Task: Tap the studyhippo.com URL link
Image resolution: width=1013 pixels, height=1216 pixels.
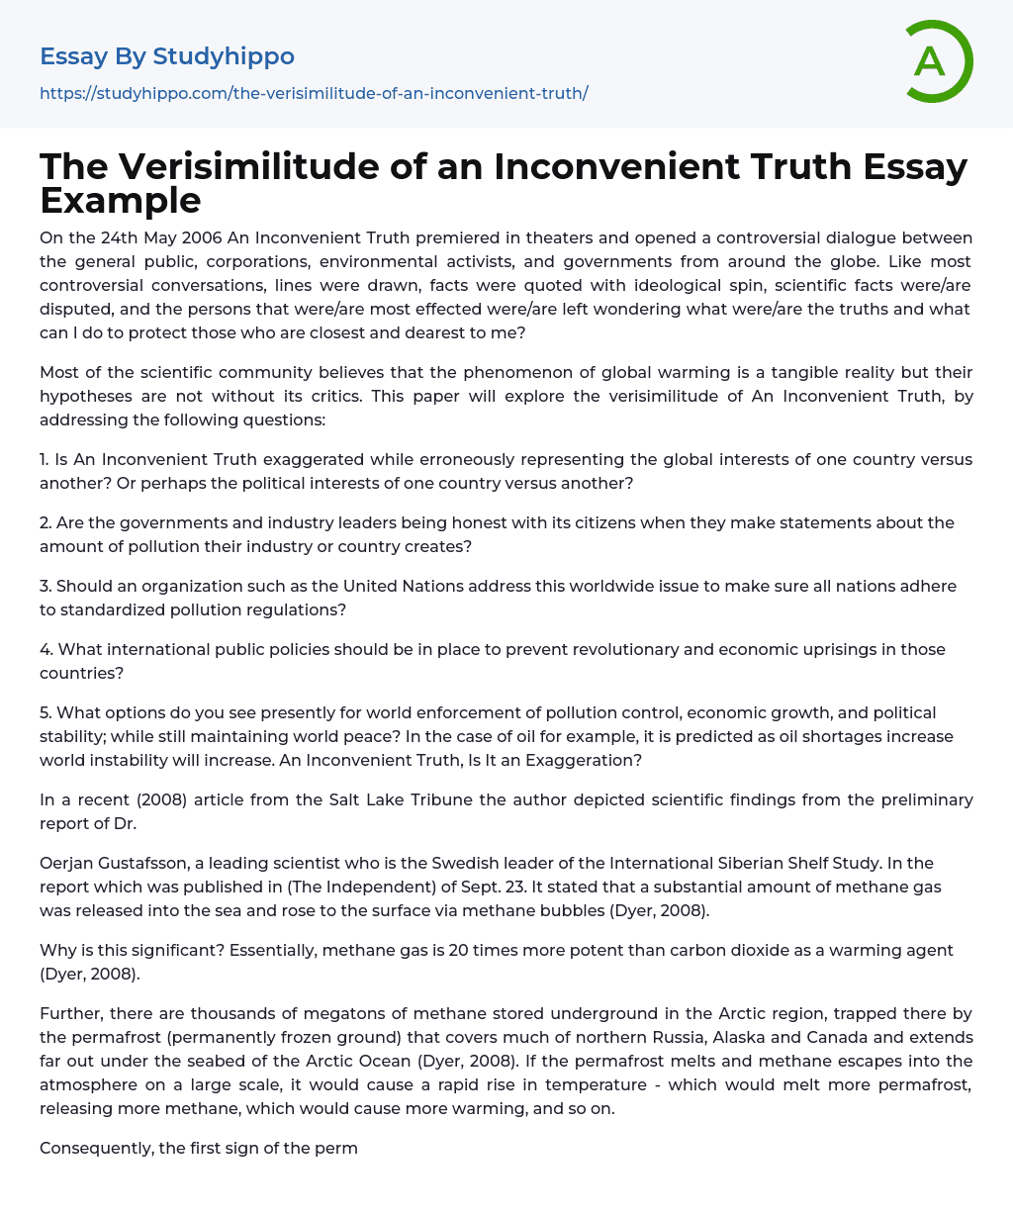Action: pyautogui.click(x=314, y=93)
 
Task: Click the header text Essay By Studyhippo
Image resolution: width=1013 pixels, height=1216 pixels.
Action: pyautogui.click(x=167, y=56)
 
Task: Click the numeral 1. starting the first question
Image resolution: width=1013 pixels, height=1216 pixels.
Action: pyautogui.click(x=46, y=459)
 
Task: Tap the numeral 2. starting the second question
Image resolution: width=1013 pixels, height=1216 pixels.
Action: pyautogui.click(x=46, y=522)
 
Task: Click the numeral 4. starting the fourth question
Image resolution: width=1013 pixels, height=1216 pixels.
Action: pyautogui.click(x=46, y=649)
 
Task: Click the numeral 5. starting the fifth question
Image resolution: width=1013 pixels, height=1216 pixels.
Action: pyautogui.click(x=46, y=712)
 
